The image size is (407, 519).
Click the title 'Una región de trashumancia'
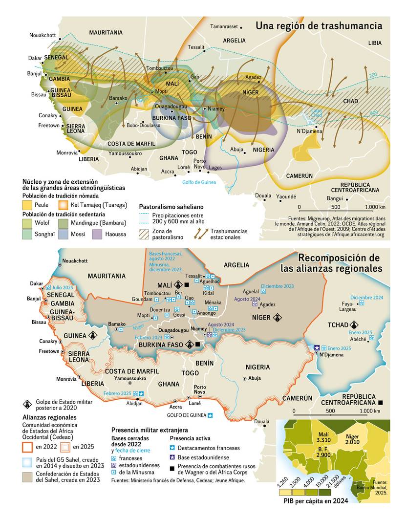[319, 25]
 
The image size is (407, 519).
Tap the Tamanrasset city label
[224, 26]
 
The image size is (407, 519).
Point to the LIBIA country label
[375, 43]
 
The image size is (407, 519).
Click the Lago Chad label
[317, 113]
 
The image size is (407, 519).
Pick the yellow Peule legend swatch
[28, 205]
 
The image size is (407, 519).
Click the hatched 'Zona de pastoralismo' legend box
[145, 234]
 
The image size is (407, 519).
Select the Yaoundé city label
[286, 196]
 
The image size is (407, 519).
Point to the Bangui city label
[335, 199]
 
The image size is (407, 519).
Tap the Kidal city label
[208, 293]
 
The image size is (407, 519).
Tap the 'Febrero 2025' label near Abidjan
[118, 393]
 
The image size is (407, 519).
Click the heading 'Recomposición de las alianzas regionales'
[331, 263]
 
